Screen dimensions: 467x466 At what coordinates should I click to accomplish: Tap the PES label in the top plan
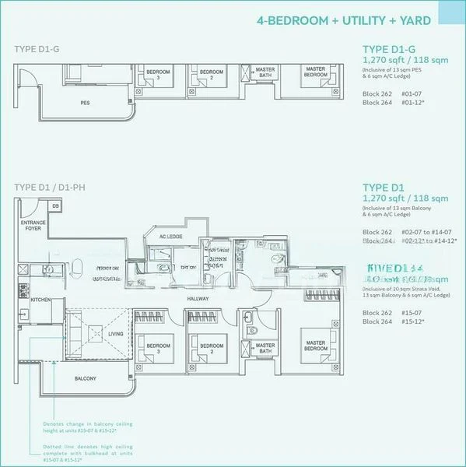pos(86,102)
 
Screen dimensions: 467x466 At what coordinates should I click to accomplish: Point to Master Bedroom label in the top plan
pos(315,73)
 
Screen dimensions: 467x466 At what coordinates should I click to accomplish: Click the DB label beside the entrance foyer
pos(54,205)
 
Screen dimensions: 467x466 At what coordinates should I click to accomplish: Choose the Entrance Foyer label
pos(33,226)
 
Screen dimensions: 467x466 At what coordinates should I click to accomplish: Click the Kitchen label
pos(40,299)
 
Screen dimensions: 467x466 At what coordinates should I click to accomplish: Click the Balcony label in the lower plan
pos(86,378)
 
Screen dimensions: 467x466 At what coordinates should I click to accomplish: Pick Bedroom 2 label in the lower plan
pos(211,349)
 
